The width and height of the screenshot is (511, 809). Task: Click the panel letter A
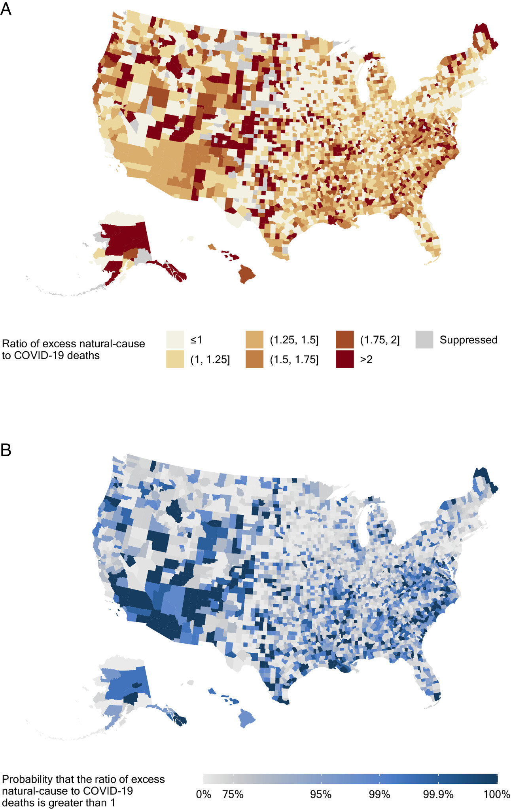point(6,9)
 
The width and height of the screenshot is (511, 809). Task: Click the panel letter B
point(6,450)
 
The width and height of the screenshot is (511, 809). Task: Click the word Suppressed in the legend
point(468,340)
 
